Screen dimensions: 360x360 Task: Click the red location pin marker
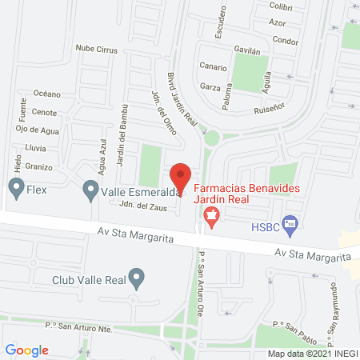click(x=182, y=177)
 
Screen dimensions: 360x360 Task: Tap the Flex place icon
click(x=15, y=190)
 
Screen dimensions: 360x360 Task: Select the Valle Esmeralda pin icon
click(x=90, y=190)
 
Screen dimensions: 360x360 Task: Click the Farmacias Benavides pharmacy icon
click(x=211, y=214)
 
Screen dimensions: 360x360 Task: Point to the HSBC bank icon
click(x=290, y=227)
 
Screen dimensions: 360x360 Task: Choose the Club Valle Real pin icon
click(x=138, y=279)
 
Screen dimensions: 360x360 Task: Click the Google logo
click(x=27, y=350)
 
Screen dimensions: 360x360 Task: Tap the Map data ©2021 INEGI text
click(x=310, y=354)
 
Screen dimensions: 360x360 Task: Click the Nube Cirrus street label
click(x=97, y=50)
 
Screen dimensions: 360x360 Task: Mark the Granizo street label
click(x=38, y=166)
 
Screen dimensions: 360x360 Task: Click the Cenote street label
click(x=44, y=113)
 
